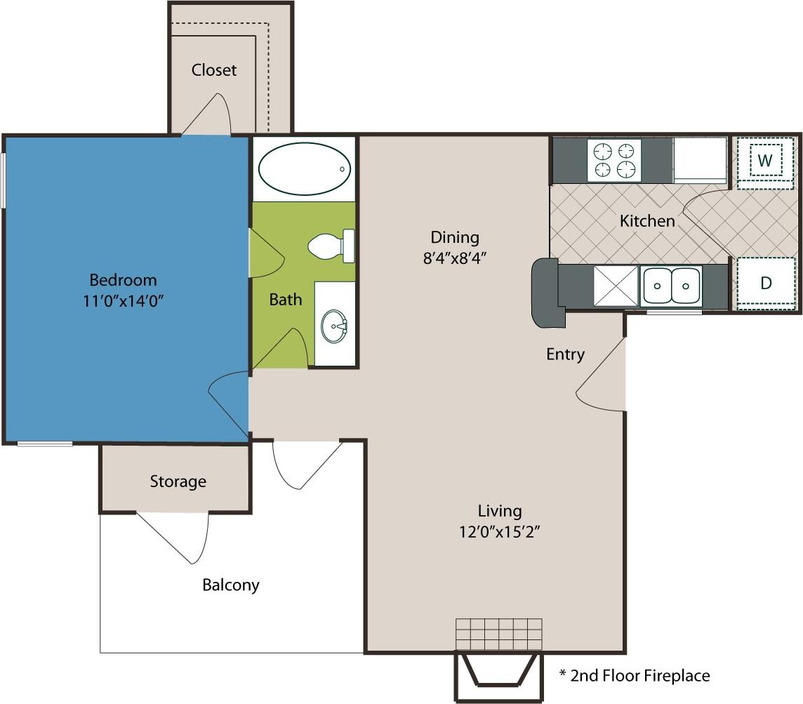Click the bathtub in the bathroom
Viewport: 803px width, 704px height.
[x=304, y=168]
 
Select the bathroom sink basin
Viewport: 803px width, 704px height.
[x=334, y=326]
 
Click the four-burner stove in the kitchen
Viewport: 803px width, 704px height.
[x=614, y=160]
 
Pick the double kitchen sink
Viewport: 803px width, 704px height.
[x=671, y=286]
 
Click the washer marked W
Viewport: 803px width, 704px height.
[x=765, y=161]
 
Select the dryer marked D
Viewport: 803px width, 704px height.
[x=765, y=284]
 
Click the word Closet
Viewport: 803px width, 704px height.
[x=214, y=70]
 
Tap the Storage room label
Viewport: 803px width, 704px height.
[x=178, y=481]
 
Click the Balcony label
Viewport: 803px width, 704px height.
[x=231, y=585]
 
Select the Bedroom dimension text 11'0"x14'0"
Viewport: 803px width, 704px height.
[x=124, y=300]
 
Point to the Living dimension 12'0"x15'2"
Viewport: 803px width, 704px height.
[x=500, y=531]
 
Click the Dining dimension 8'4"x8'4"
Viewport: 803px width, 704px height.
[x=454, y=257]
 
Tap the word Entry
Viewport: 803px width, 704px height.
[x=565, y=354]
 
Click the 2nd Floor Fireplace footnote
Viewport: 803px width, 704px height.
[x=635, y=676]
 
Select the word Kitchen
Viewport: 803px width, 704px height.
[x=647, y=221]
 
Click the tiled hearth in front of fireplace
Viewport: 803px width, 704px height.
[x=498, y=635]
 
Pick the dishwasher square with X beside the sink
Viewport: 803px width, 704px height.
[x=616, y=286]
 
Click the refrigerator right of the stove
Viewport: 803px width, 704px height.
[x=700, y=160]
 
